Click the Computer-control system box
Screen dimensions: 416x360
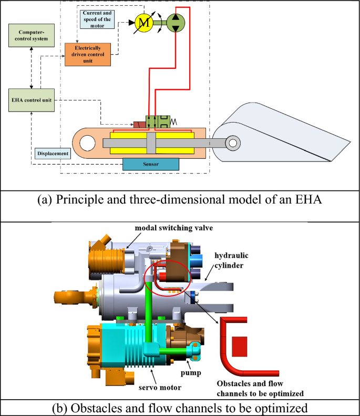[32, 35]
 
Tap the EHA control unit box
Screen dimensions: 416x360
[32, 99]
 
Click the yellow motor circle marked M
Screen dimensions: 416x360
[144, 22]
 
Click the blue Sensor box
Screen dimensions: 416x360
[150, 164]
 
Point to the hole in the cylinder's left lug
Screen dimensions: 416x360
[87, 142]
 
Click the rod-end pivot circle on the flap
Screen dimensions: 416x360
[232, 142]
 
